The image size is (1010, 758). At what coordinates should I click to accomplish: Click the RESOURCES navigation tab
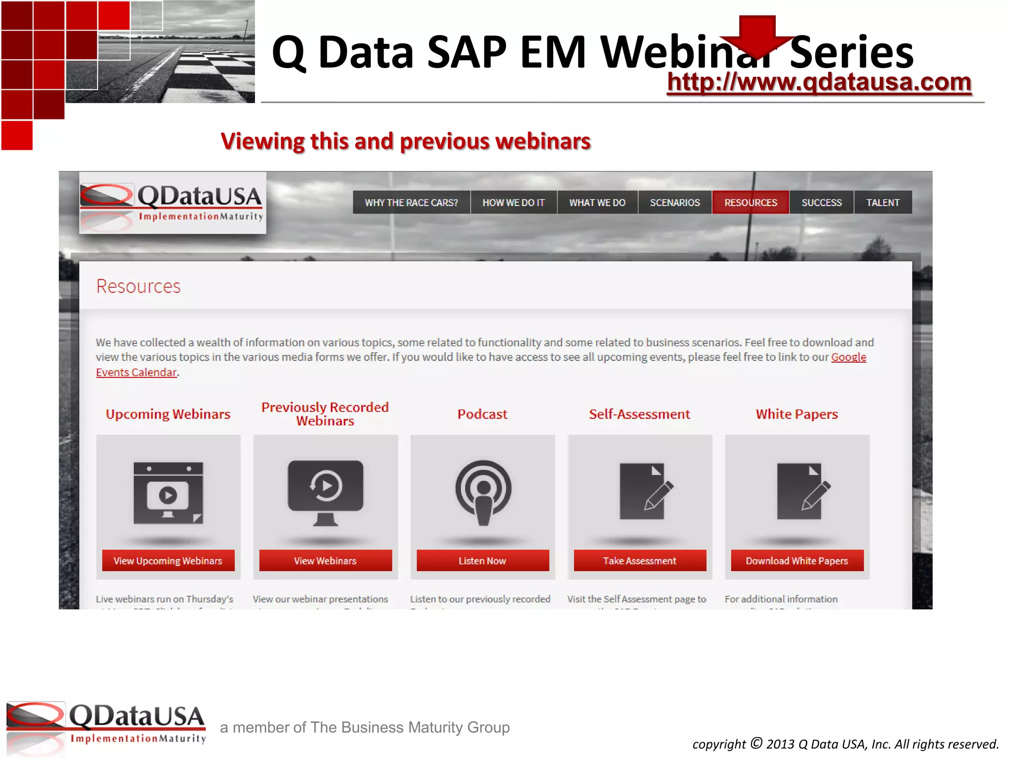point(750,202)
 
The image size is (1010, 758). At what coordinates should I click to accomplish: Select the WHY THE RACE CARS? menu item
point(411,202)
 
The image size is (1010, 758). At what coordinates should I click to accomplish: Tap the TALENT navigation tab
point(883,202)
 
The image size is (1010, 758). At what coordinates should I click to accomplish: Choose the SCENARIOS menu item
point(675,202)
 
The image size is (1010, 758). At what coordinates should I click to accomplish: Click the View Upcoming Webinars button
point(168,561)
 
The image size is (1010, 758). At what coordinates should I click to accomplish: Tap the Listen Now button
point(482,561)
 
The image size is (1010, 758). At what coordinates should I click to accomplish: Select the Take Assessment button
point(640,561)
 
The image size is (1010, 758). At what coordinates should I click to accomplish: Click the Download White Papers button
point(797,561)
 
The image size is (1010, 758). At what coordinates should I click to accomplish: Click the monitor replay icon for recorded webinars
point(325,493)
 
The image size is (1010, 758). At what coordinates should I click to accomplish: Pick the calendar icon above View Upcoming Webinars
point(168,493)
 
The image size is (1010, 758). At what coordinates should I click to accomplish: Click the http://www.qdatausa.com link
point(819,82)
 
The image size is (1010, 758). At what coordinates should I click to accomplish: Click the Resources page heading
point(139,286)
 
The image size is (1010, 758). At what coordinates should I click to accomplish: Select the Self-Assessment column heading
point(640,414)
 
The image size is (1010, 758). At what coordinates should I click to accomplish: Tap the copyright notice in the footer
point(845,744)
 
